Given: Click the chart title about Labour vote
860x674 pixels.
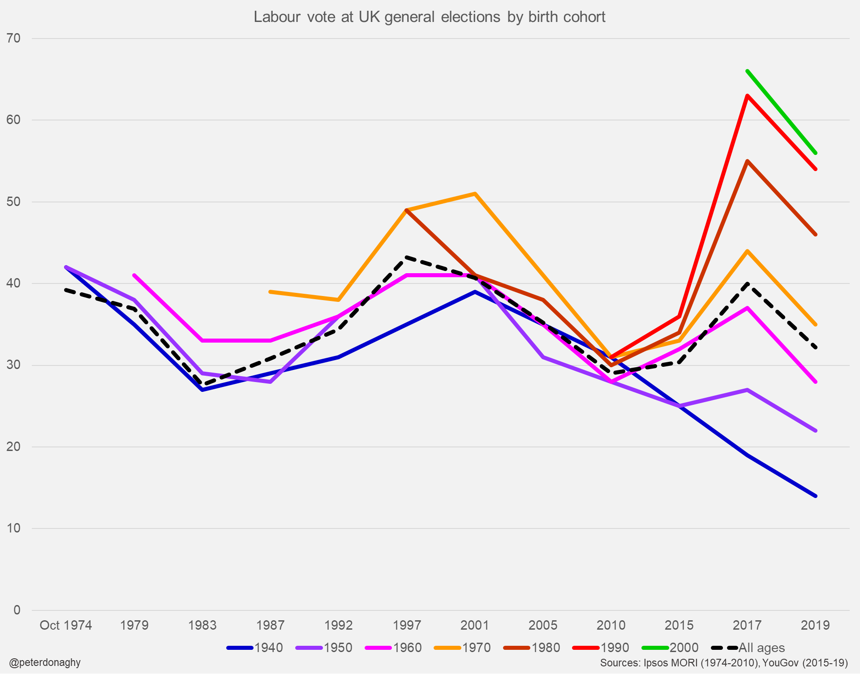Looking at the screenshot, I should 429,17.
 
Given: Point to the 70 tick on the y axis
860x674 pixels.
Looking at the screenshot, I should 13,38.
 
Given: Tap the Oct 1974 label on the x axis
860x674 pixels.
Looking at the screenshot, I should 66,625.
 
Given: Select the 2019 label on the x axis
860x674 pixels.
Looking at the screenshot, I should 815,625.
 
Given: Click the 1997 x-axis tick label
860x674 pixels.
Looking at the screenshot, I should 407,625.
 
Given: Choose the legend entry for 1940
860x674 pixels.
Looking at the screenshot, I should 255,648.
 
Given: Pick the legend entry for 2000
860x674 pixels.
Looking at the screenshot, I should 671,648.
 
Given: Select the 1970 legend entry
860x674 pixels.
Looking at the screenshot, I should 463,648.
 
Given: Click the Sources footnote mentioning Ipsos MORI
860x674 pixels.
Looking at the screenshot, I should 724,662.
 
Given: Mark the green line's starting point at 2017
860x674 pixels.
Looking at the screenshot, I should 747,71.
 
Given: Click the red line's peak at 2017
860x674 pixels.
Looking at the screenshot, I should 747,95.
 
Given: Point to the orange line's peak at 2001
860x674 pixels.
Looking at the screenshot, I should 475,193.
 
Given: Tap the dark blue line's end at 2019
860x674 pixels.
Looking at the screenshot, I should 816,496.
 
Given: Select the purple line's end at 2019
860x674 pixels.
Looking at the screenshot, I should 816,430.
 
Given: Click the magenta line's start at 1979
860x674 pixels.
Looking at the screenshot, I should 134,275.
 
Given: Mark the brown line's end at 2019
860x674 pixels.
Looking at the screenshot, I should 816,234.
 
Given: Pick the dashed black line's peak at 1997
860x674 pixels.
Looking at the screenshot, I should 407,257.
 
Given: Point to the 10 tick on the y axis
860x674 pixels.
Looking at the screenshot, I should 13,528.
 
